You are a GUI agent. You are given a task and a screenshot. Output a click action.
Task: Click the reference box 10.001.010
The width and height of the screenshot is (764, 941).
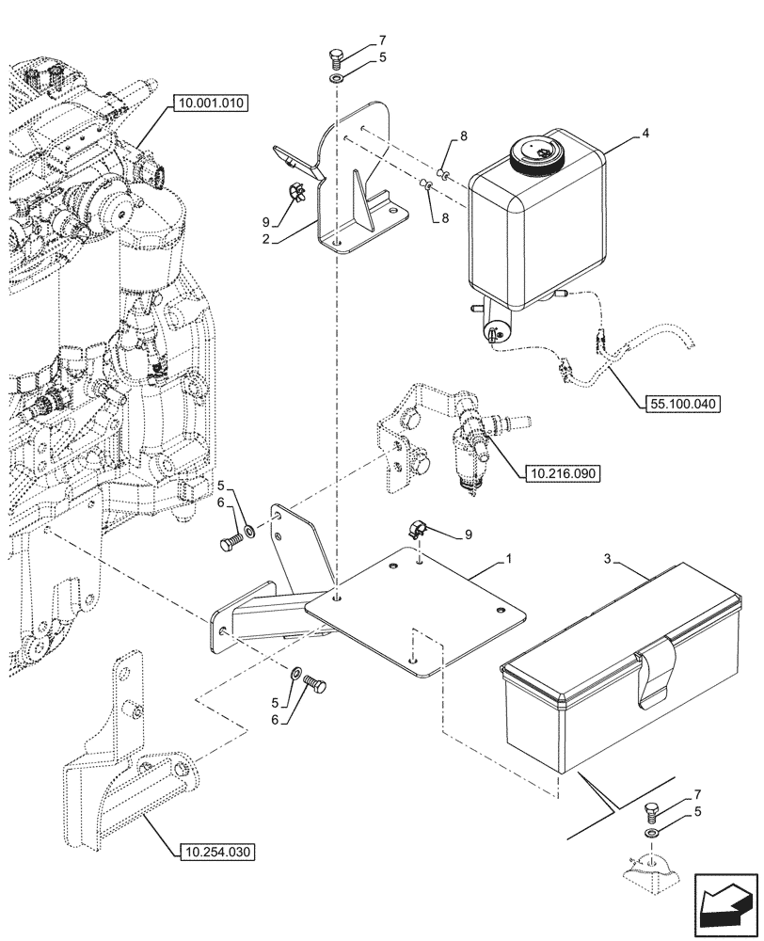[210, 104]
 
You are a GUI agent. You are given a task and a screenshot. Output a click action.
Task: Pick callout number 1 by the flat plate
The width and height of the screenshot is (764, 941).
[508, 559]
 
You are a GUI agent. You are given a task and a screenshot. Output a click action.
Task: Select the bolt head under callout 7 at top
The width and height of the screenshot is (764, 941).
[337, 57]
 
